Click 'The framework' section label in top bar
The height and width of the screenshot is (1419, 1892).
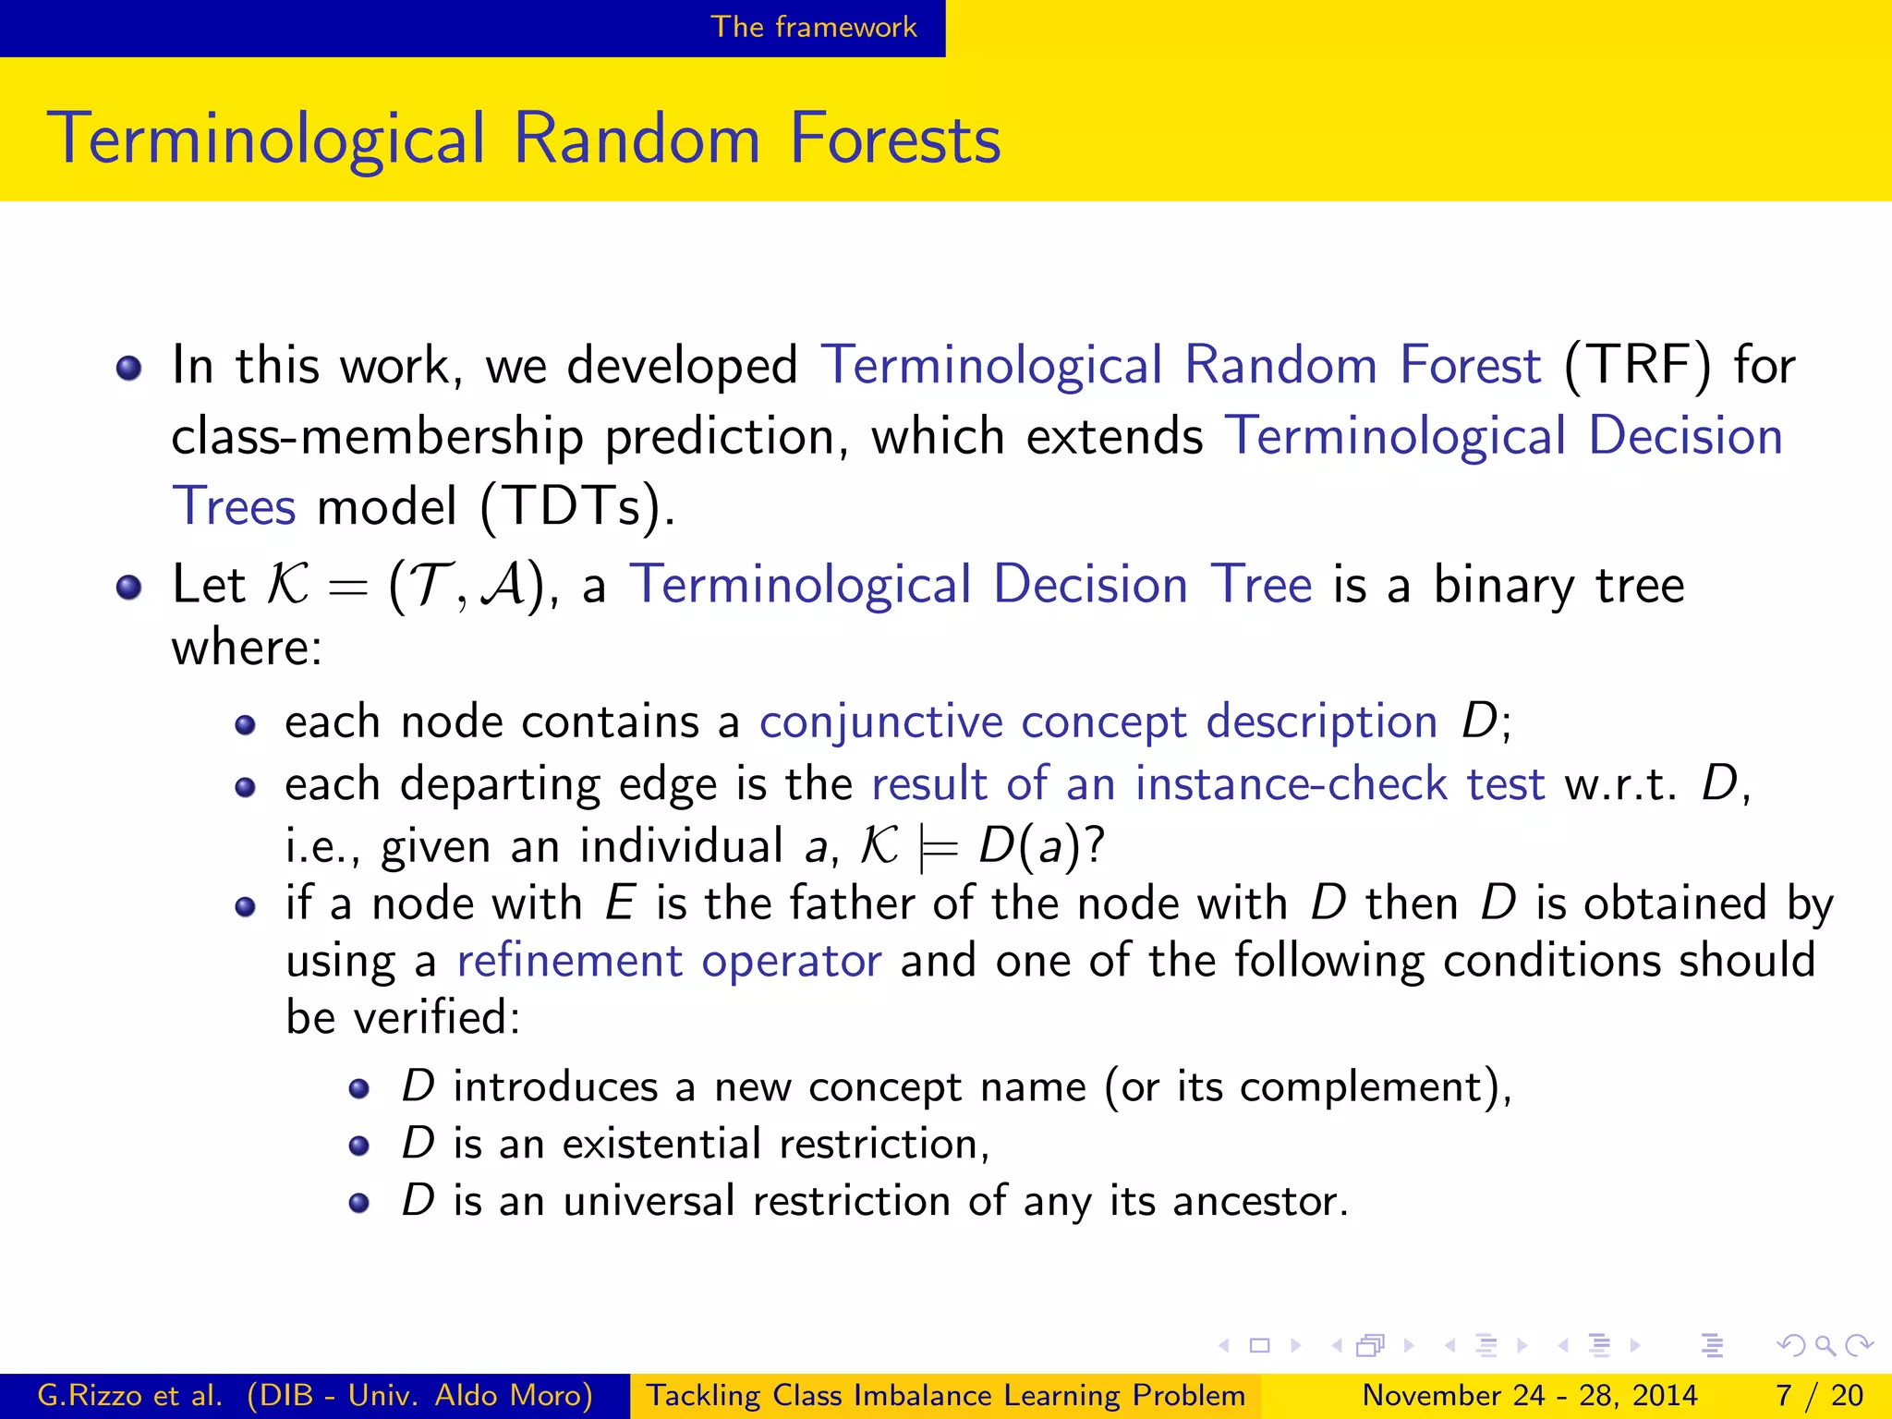[813, 27]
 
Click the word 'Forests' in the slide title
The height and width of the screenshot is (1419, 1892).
[894, 139]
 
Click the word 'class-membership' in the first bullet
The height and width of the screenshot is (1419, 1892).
[377, 436]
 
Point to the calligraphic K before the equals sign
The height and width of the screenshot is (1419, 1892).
[287, 585]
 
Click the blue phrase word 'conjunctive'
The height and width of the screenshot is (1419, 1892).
[880, 722]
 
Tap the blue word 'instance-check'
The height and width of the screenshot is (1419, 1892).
[1291, 784]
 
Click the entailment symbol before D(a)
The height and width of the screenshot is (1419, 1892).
[939, 847]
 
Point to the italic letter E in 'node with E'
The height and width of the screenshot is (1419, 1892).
[619, 904]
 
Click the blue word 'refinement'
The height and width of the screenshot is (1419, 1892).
[569, 961]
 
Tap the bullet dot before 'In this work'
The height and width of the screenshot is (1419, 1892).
[128, 369]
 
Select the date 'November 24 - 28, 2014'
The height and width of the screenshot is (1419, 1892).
[1529, 1395]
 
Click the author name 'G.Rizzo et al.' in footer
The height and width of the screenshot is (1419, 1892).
[129, 1395]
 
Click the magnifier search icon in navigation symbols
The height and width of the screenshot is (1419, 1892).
[1824, 1345]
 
